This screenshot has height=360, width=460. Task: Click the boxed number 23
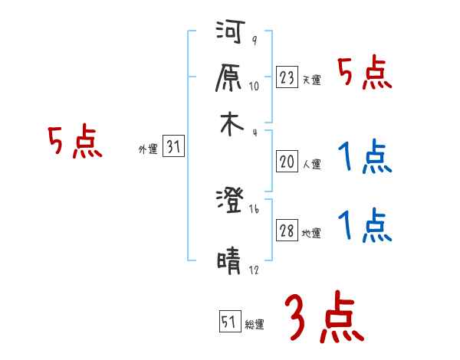point(287,77)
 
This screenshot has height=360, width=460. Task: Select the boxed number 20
point(287,162)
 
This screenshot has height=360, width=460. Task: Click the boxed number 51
point(229,322)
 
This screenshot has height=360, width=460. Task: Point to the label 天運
point(311,80)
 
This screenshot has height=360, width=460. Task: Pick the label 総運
point(254,325)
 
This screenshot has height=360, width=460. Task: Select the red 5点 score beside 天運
point(365,75)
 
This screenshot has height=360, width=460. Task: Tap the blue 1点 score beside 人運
point(365,159)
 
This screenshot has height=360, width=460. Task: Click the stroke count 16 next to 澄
point(255,208)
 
